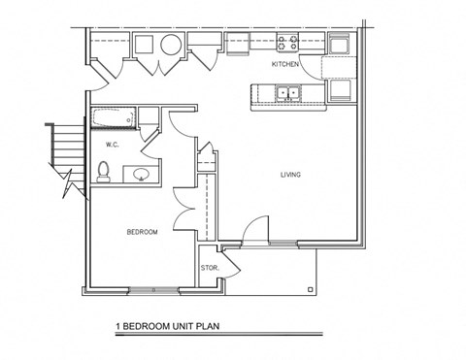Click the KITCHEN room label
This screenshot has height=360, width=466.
tap(284, 64)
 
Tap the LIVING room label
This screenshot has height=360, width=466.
tap(290, 175)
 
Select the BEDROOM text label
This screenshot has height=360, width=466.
tap(142, 232)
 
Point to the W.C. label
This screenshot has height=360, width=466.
tap(112, 146)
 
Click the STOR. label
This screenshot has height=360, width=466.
tap(208, 267)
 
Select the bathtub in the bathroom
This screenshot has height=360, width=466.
tap(115, 119)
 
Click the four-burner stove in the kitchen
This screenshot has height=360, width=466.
tap(288, 43)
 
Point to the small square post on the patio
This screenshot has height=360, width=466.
tap(309, 288)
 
